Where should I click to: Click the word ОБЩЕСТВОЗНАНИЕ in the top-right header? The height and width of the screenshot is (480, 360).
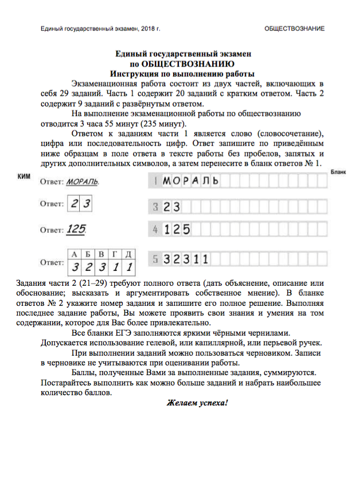[294, 28]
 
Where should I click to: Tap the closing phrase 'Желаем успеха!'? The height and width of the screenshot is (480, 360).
[197, 403]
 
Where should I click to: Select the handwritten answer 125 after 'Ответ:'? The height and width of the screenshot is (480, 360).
[76, 230]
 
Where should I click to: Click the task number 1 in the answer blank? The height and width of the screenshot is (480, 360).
[155, 182]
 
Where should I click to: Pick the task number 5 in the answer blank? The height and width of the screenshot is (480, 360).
[155, 259]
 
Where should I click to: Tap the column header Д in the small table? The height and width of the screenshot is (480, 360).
[129, 254]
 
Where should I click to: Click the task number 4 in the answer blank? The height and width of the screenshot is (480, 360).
[155, 230]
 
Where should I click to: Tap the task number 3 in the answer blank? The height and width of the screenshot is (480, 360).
[155, 207]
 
